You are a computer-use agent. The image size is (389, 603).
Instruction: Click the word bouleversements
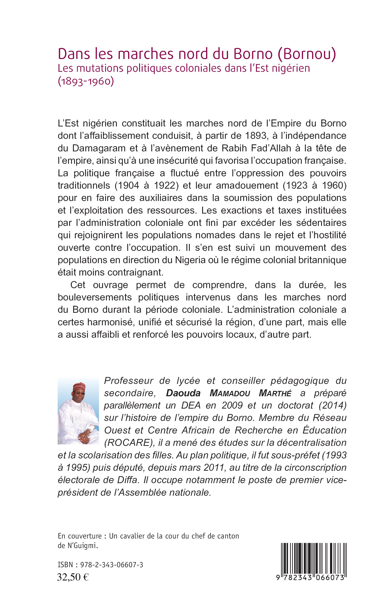[x=95, y=297]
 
